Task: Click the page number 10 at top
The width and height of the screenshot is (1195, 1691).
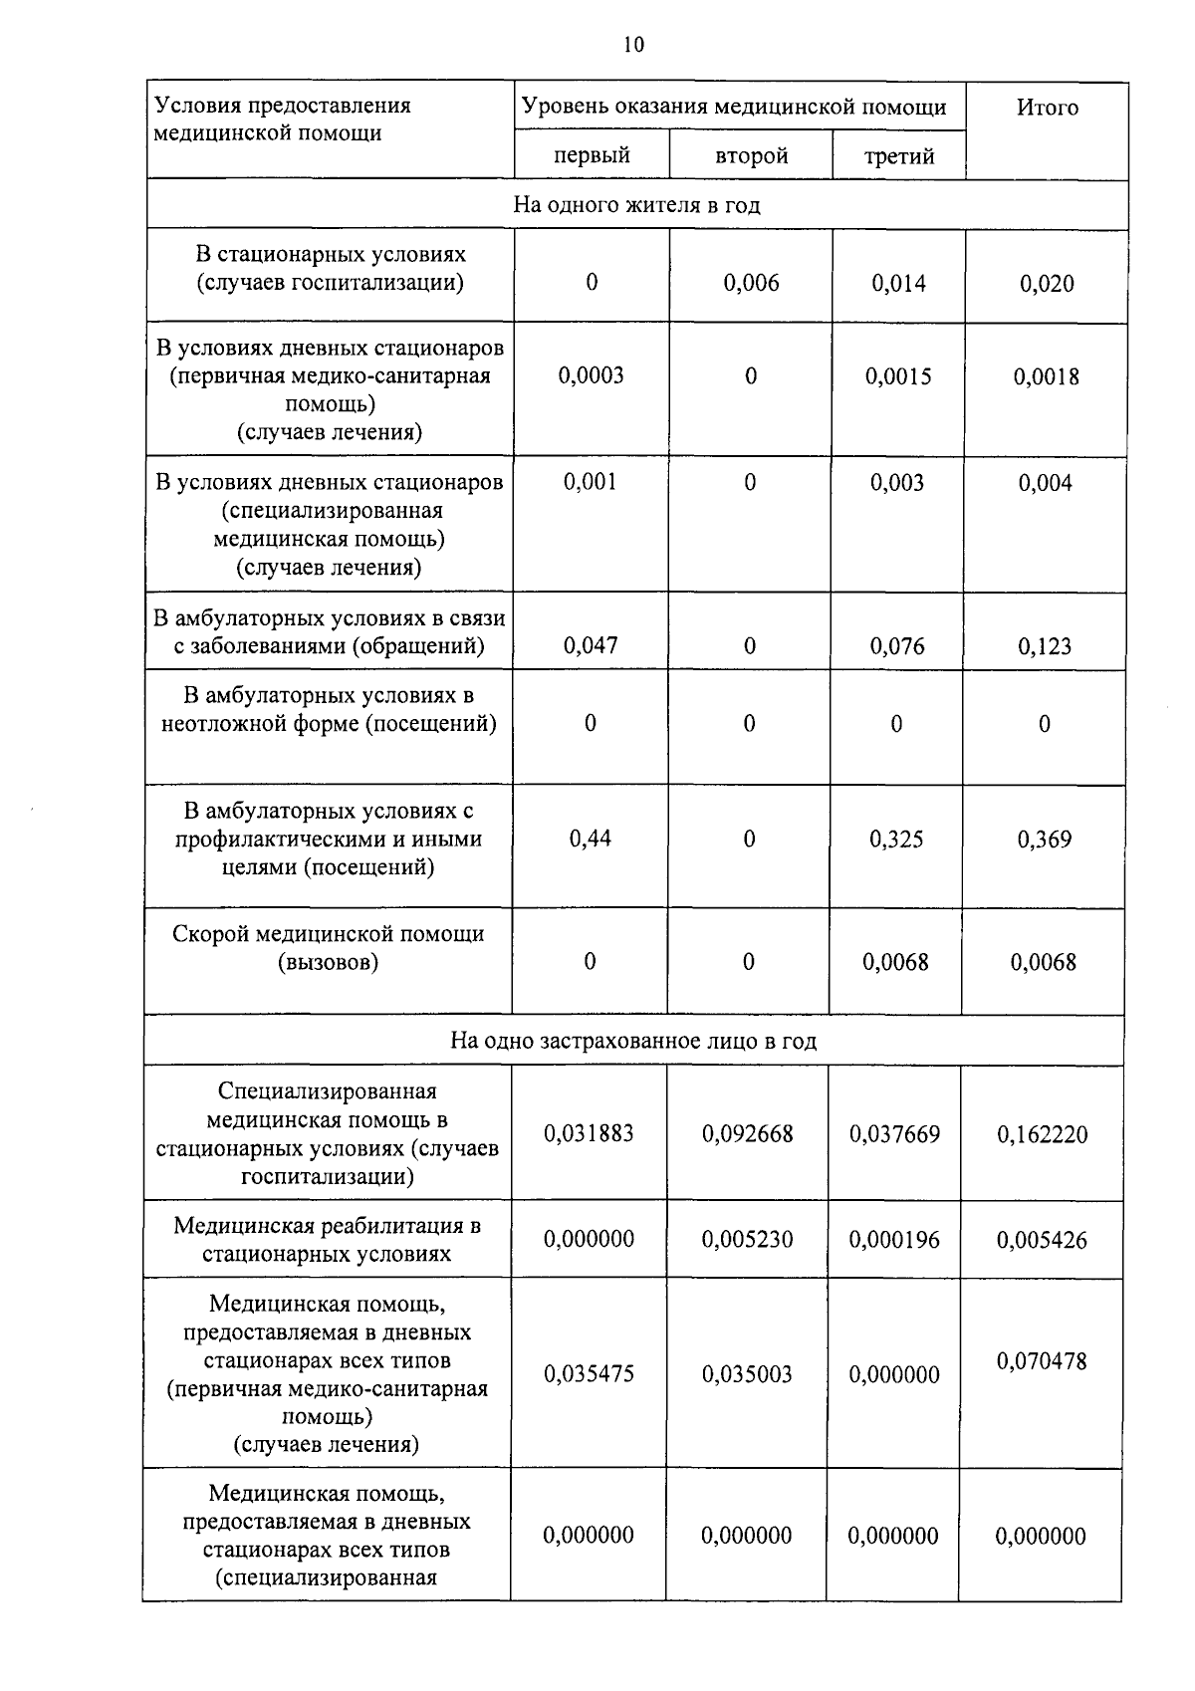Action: (x=633, y=45)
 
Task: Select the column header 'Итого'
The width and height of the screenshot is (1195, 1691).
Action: (x=1047, y=108)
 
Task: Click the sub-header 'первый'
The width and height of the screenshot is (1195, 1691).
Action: (x=592, y=156)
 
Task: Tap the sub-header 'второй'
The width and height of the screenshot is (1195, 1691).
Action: (x=751, y=156)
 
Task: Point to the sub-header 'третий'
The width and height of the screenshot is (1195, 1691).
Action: (x=898, y=156)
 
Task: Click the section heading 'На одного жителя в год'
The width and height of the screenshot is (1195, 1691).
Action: (x=636, y=205)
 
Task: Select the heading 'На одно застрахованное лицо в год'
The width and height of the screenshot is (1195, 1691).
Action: (x=633, y=1041)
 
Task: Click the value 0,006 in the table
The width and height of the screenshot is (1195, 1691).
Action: (x=751, y=283)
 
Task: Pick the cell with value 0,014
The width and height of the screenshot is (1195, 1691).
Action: (x=898, y=284)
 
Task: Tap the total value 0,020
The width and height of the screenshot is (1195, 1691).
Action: (x=1047, y=284)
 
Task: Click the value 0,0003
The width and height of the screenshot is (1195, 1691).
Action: (x=592, y=375)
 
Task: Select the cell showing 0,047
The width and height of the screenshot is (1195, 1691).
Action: (x=591, y=645)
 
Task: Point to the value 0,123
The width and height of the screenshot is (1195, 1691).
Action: (x=1045, y=647)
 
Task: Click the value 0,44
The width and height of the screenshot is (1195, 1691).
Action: (x=591, y=839)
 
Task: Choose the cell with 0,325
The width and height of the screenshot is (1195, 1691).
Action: (x=896, y=840)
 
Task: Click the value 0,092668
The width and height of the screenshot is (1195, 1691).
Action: (x=747, y=1134)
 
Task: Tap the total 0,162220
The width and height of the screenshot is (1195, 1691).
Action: (x=1042, y=1134)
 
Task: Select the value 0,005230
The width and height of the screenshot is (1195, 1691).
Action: (x=747, y=1240)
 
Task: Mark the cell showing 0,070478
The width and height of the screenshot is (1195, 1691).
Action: (x=1042, y=1360)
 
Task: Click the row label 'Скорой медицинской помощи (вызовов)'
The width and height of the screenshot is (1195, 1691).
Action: (x=328, y=948)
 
